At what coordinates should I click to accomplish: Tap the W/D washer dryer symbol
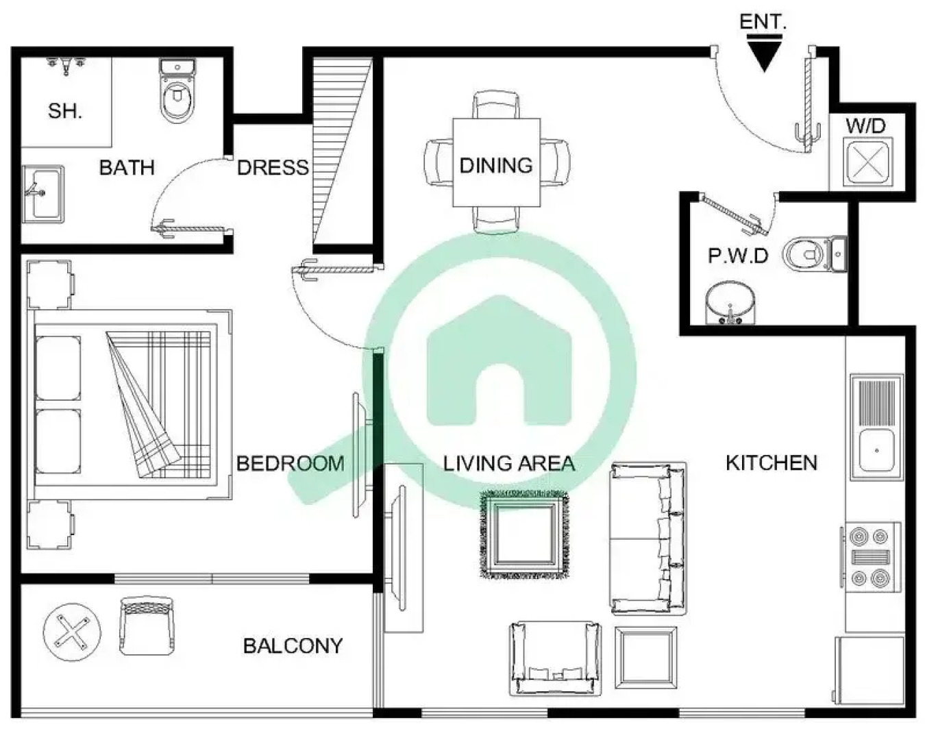coord(867,162)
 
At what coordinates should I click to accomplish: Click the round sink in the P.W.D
coord(730,303)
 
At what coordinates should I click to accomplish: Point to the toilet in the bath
coord(177,91)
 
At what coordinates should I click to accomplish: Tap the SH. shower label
coord(65,110)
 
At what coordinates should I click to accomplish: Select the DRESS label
coord(273,167)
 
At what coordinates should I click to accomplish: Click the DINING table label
coord(496,165)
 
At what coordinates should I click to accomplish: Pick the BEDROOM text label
coord(291,463)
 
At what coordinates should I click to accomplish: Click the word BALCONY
coord(293,645)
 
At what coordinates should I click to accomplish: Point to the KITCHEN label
coord(772,463)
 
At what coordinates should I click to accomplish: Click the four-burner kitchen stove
coord(872,556)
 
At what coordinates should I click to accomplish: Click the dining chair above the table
coord(496,106)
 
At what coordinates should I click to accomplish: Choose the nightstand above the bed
coord(49,284)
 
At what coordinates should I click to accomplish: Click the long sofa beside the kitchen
coord(647,538)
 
